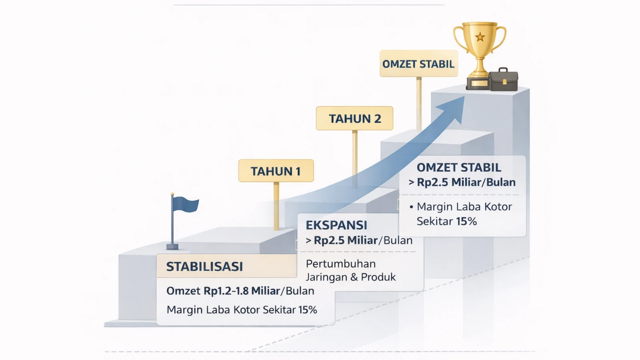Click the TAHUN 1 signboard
coord(276,170)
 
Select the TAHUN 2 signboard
coord(354,118)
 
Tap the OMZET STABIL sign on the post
coord(419,64)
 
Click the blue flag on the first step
coord(186,204)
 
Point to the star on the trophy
coord(480,37)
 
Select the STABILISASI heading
coord(204,266)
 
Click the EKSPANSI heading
coord(336,225)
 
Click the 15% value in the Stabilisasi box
coord(308,310)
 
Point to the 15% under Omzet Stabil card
coord(466,222)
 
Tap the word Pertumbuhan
coord(340,264)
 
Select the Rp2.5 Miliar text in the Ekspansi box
coord(346,240)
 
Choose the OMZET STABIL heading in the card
coord(459,168)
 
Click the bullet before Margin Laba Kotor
coord(412,207)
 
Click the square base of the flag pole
coord(172,246)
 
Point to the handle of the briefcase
coord(503,70)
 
